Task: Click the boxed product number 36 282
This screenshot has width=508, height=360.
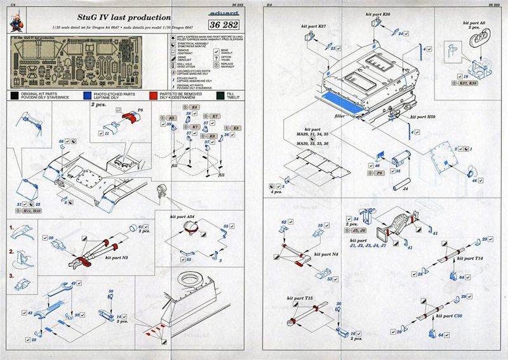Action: pyautogui.click(x=232, y=25)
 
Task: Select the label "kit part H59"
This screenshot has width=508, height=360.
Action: pyautogui.click(x=423, y=117)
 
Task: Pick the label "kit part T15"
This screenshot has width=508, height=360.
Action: pyautogui.click(x=300, y=298)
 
